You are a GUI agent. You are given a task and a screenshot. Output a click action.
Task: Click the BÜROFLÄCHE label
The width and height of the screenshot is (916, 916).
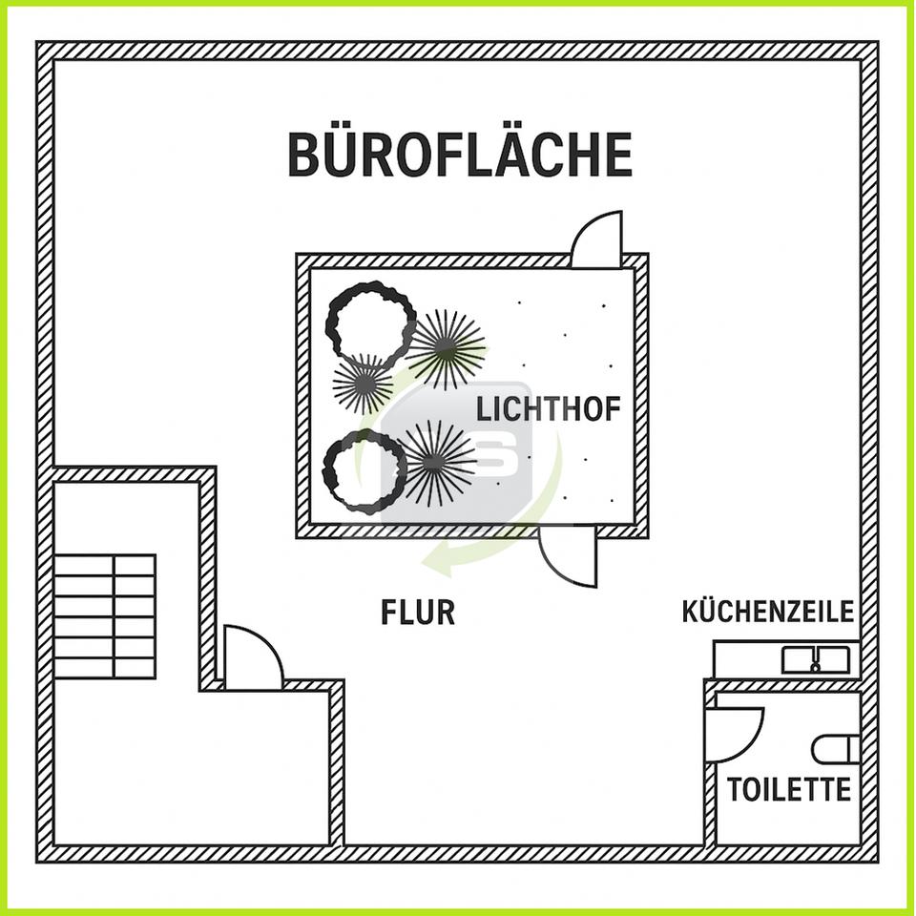(460, 154)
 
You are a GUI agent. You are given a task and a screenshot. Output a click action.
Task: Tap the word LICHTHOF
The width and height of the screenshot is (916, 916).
(548, 409)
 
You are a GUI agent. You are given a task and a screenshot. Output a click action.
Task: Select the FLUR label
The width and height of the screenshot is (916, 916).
(418, 613)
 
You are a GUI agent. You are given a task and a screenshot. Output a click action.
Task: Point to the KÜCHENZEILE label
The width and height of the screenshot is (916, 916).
(767, 612)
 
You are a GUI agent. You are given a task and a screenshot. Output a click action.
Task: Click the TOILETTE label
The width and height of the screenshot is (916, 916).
(789, 790)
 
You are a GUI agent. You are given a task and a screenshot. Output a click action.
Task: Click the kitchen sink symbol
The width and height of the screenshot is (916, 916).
(816, 660)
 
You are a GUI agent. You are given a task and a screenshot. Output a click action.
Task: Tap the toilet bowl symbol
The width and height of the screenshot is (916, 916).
(836, 750)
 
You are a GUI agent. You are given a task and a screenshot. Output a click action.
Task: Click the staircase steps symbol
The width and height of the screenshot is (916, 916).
(105, 616)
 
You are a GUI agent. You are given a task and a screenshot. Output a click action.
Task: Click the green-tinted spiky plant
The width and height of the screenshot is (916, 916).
(447, 349)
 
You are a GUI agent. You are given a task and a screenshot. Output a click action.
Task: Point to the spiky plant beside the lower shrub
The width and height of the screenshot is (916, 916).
(435, 462)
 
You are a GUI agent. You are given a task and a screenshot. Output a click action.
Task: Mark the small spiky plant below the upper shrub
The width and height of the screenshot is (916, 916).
(364, 384)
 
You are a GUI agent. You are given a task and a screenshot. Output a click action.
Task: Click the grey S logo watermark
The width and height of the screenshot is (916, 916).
(457, 452)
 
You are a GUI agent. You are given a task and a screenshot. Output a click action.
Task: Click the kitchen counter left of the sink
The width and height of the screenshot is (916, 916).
(748, 660)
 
